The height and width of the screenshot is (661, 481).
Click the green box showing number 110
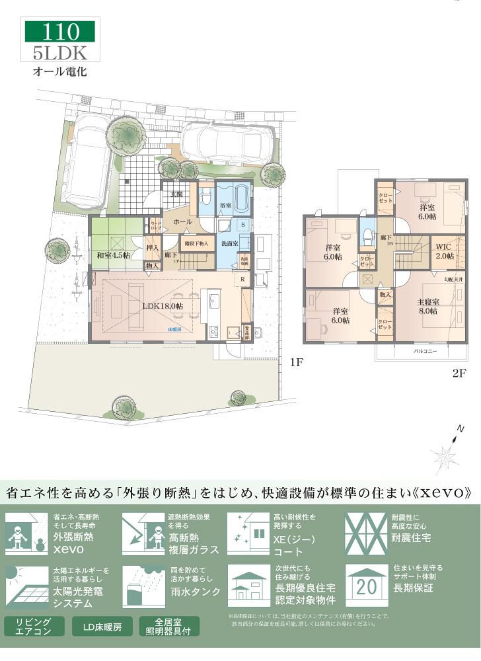[x=60, y=31]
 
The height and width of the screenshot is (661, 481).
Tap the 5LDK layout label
[x=60, y=52]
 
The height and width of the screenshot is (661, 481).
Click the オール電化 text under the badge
[x=60, y=69]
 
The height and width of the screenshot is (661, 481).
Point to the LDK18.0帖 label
[x=162, y=306]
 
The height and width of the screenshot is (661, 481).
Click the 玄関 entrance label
[x=176, y=194]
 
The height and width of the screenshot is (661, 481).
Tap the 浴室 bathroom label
[x=225, y=206]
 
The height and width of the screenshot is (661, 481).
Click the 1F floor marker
[x=295, y=362]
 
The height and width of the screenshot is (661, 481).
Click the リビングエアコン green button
[x=34, y=626]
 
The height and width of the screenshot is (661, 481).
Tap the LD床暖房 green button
[x=102, y=626]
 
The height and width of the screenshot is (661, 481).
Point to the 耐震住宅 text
[x=411, y=538]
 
